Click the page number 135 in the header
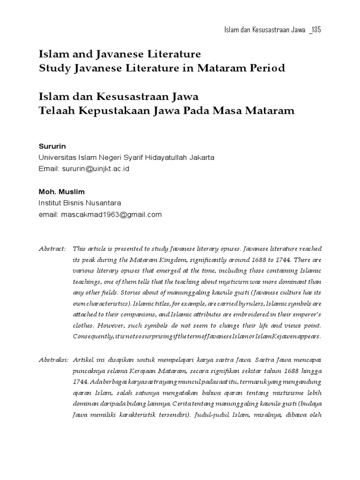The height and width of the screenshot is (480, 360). coord(315,30)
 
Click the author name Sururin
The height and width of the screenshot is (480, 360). coord(50,146)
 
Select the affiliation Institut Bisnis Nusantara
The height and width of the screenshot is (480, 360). coord(79,203)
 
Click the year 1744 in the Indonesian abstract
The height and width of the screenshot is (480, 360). coord(81,382)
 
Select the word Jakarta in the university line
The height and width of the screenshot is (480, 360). coord(202,157)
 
